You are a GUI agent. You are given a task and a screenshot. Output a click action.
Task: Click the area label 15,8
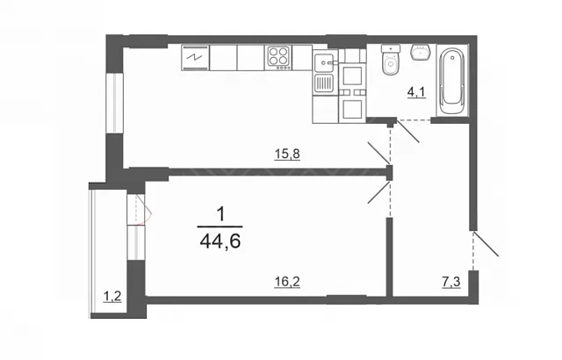coord(287,155)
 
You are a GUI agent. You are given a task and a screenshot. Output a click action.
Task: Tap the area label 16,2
coord(287,282)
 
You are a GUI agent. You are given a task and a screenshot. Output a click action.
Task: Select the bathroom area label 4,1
coord(416,92)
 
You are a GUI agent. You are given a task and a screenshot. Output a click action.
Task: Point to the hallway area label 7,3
coord(450,282)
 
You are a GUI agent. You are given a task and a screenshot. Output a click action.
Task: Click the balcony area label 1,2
coord(112,297)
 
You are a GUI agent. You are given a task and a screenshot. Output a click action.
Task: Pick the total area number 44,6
coord(220,241)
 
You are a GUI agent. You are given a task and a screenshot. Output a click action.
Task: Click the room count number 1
coord(221,215)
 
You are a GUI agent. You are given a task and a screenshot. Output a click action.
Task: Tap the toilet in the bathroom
coord(390,60)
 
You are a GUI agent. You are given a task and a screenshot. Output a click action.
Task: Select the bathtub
coord(452,82)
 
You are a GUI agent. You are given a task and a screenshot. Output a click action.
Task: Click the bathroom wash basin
coord(420,53)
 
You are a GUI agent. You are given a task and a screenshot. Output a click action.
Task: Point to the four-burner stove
coord(278,57)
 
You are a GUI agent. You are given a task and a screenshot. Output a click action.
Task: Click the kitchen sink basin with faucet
coord(325,62)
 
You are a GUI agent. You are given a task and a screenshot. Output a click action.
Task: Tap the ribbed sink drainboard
coord(325,84)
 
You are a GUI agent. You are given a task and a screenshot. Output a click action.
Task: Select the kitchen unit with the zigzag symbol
coord(195,57)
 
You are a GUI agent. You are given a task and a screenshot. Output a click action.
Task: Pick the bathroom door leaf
coord(407,131)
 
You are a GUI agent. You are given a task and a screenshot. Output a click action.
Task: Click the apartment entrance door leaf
coord(486,244)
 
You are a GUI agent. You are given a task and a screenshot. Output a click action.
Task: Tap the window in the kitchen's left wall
coord(115,104)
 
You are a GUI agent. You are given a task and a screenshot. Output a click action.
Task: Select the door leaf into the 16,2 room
coord(379,193)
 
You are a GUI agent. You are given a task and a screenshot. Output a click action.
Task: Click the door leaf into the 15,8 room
coord(378,152)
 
